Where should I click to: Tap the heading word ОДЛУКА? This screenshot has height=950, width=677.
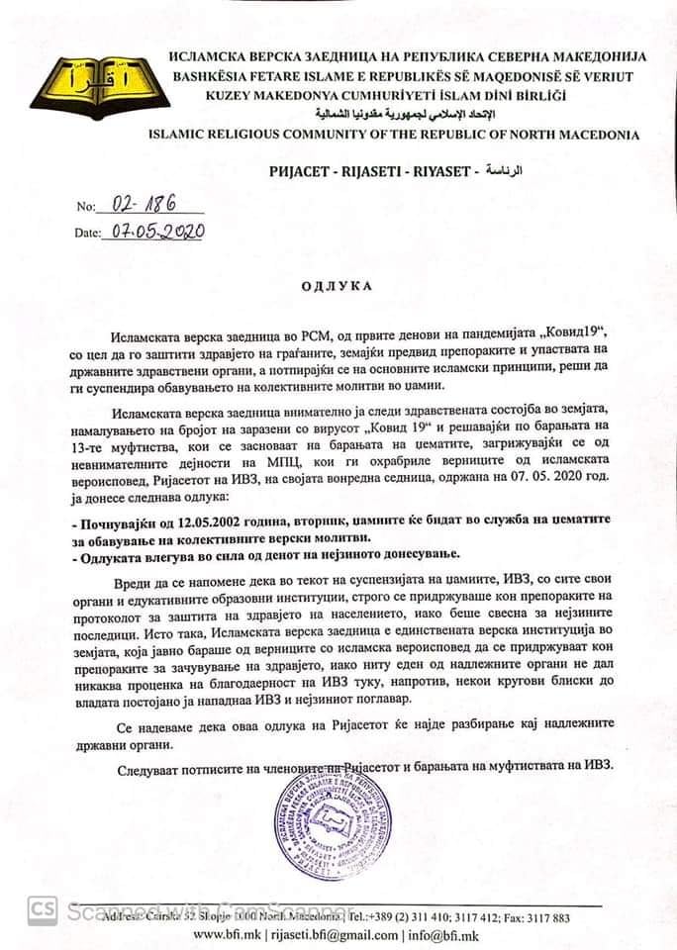point(338,286)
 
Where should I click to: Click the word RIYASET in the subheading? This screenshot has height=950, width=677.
point(446,171)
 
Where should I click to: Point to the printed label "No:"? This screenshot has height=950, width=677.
point(87,209)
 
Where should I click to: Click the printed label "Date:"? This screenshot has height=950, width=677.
point(88,235)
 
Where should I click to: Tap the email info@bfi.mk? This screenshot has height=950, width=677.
point(448,935)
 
